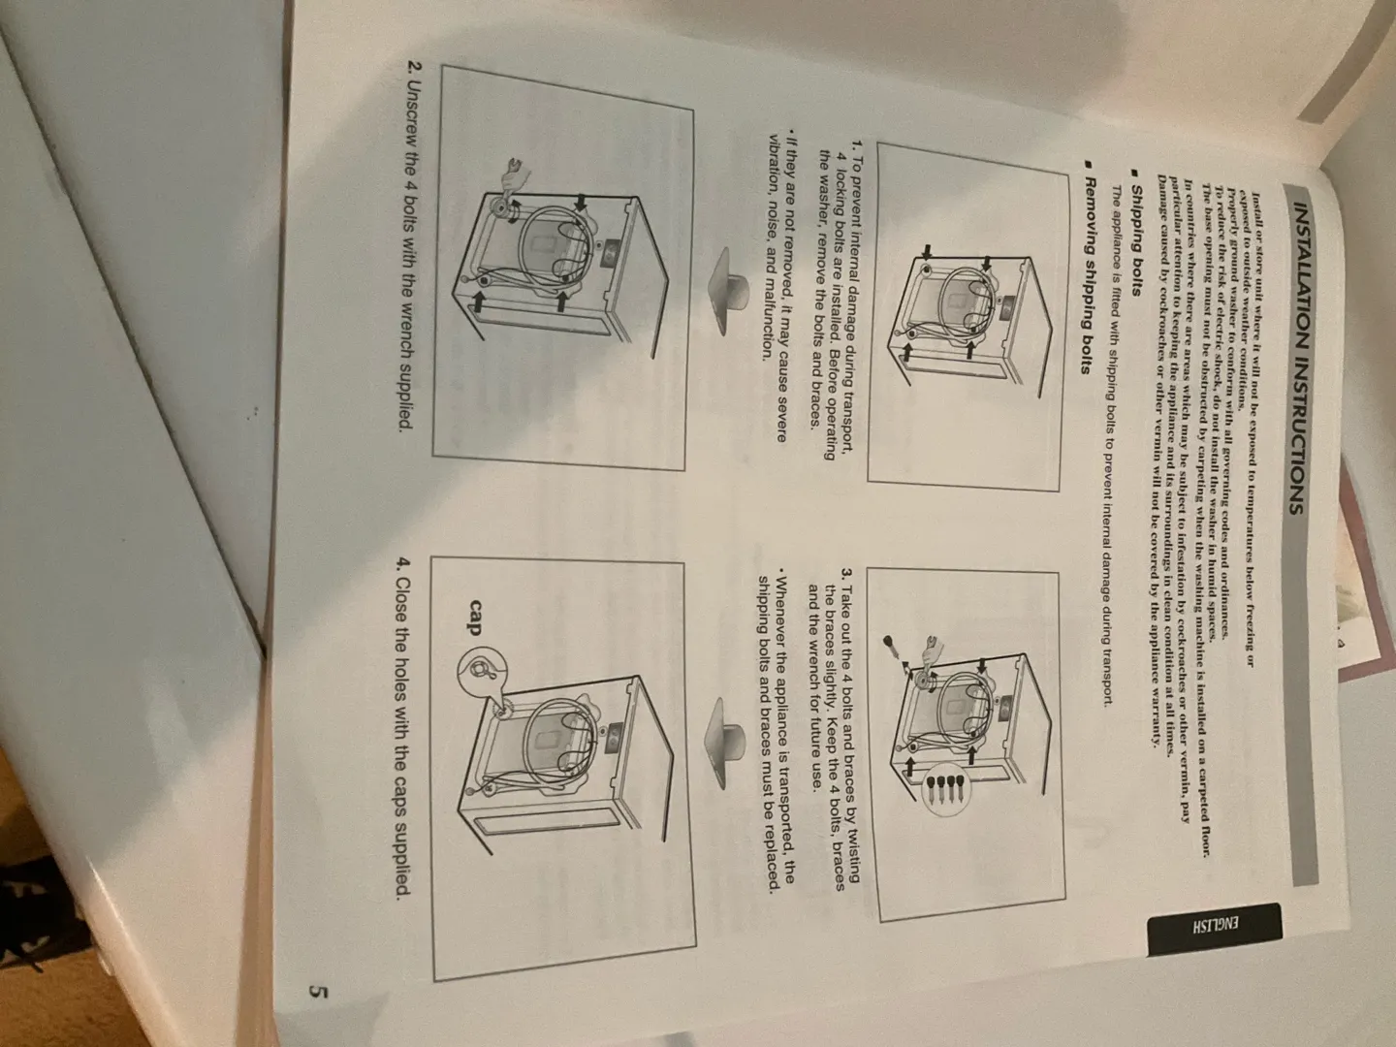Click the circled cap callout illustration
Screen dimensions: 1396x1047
coord(482,671)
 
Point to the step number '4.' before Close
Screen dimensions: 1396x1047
coord(403,564)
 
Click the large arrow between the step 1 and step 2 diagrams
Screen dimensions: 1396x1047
coord(728,288)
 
